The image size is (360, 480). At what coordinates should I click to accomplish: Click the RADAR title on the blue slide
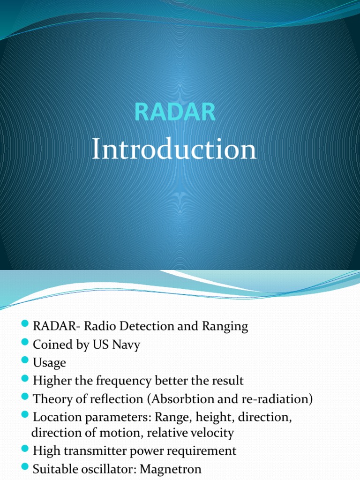(x=175, y=112)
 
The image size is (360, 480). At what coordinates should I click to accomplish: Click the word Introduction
(x=174, y=150)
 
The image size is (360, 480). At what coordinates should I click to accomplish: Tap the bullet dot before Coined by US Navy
(x=25, y=344)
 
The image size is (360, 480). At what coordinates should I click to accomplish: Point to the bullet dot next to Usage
(x=25, y=362)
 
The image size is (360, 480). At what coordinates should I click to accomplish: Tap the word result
(x=228, y=381)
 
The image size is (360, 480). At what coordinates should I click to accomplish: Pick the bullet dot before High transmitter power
(x=25, y=450)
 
